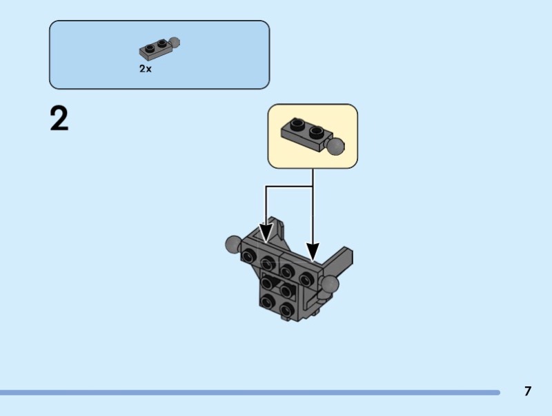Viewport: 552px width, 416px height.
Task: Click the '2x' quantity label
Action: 146,69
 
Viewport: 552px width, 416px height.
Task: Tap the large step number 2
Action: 59,119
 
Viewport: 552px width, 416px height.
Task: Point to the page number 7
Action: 527,391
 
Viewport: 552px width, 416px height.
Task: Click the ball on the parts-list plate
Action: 175,43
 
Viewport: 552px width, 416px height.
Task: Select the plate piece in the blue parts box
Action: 159,48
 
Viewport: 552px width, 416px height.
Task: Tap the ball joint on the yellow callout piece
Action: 335,147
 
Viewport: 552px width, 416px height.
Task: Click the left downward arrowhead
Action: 266,232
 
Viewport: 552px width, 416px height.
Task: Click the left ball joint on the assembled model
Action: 233,245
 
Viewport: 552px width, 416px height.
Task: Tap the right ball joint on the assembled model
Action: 330,284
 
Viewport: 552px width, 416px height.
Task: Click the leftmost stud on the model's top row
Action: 248,256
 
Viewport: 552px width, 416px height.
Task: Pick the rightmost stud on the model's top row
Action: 306,279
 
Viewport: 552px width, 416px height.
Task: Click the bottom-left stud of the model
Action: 267,301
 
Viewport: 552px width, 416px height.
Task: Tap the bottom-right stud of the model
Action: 287,309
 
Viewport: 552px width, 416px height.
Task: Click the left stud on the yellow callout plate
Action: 297,123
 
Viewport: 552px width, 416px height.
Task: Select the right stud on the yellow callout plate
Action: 317,132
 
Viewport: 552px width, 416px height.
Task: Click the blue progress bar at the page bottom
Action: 250,393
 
